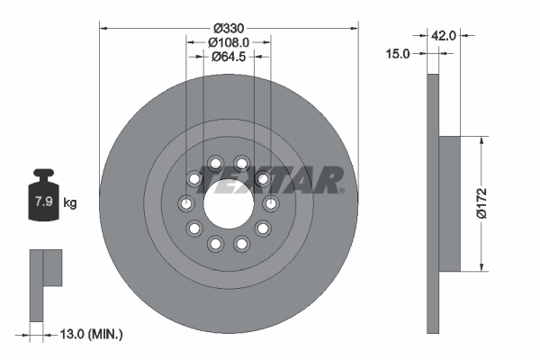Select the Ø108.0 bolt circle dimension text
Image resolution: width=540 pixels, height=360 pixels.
[229, 41]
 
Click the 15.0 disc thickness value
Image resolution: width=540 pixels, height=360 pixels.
[397, 54]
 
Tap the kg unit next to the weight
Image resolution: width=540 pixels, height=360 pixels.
[70, 202]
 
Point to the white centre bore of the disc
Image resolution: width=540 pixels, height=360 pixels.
[229, 202]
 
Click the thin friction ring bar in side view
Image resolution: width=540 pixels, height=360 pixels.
[431, 202]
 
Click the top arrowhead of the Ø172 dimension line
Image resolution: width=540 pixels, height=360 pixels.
[484, 140]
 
